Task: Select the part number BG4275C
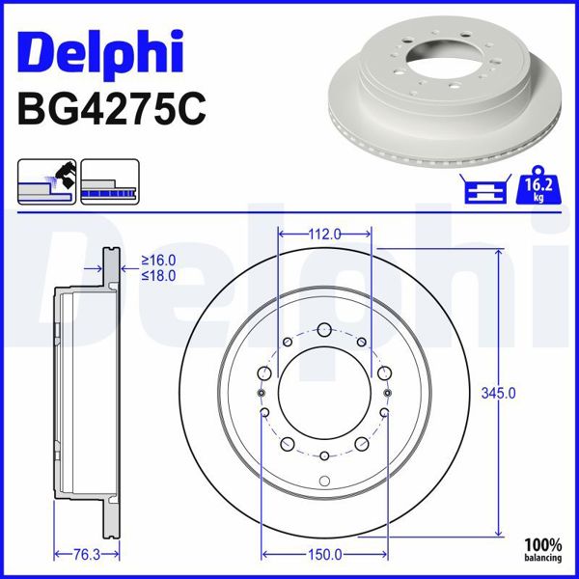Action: (112, 109)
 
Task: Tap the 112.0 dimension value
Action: (326, 234)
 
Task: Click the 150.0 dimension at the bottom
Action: (324, 554)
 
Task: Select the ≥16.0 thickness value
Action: (159, 261)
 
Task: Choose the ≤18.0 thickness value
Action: (159, 275)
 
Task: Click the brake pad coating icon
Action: (46, 181)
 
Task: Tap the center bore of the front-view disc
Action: (325, 393)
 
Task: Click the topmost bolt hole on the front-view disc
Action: (325, 329)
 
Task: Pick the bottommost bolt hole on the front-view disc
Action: (325, 455)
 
